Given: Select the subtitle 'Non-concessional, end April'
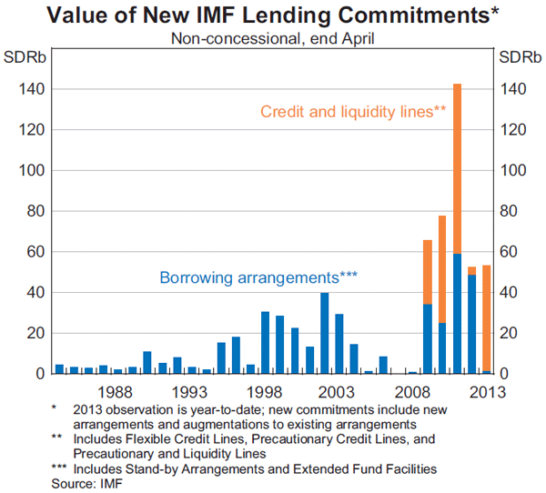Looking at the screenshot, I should click(272, 38).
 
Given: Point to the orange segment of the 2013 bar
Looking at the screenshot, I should click(486, 318).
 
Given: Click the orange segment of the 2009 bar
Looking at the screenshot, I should click(428, 272).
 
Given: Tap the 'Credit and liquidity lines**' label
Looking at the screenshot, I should click(353, 112).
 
